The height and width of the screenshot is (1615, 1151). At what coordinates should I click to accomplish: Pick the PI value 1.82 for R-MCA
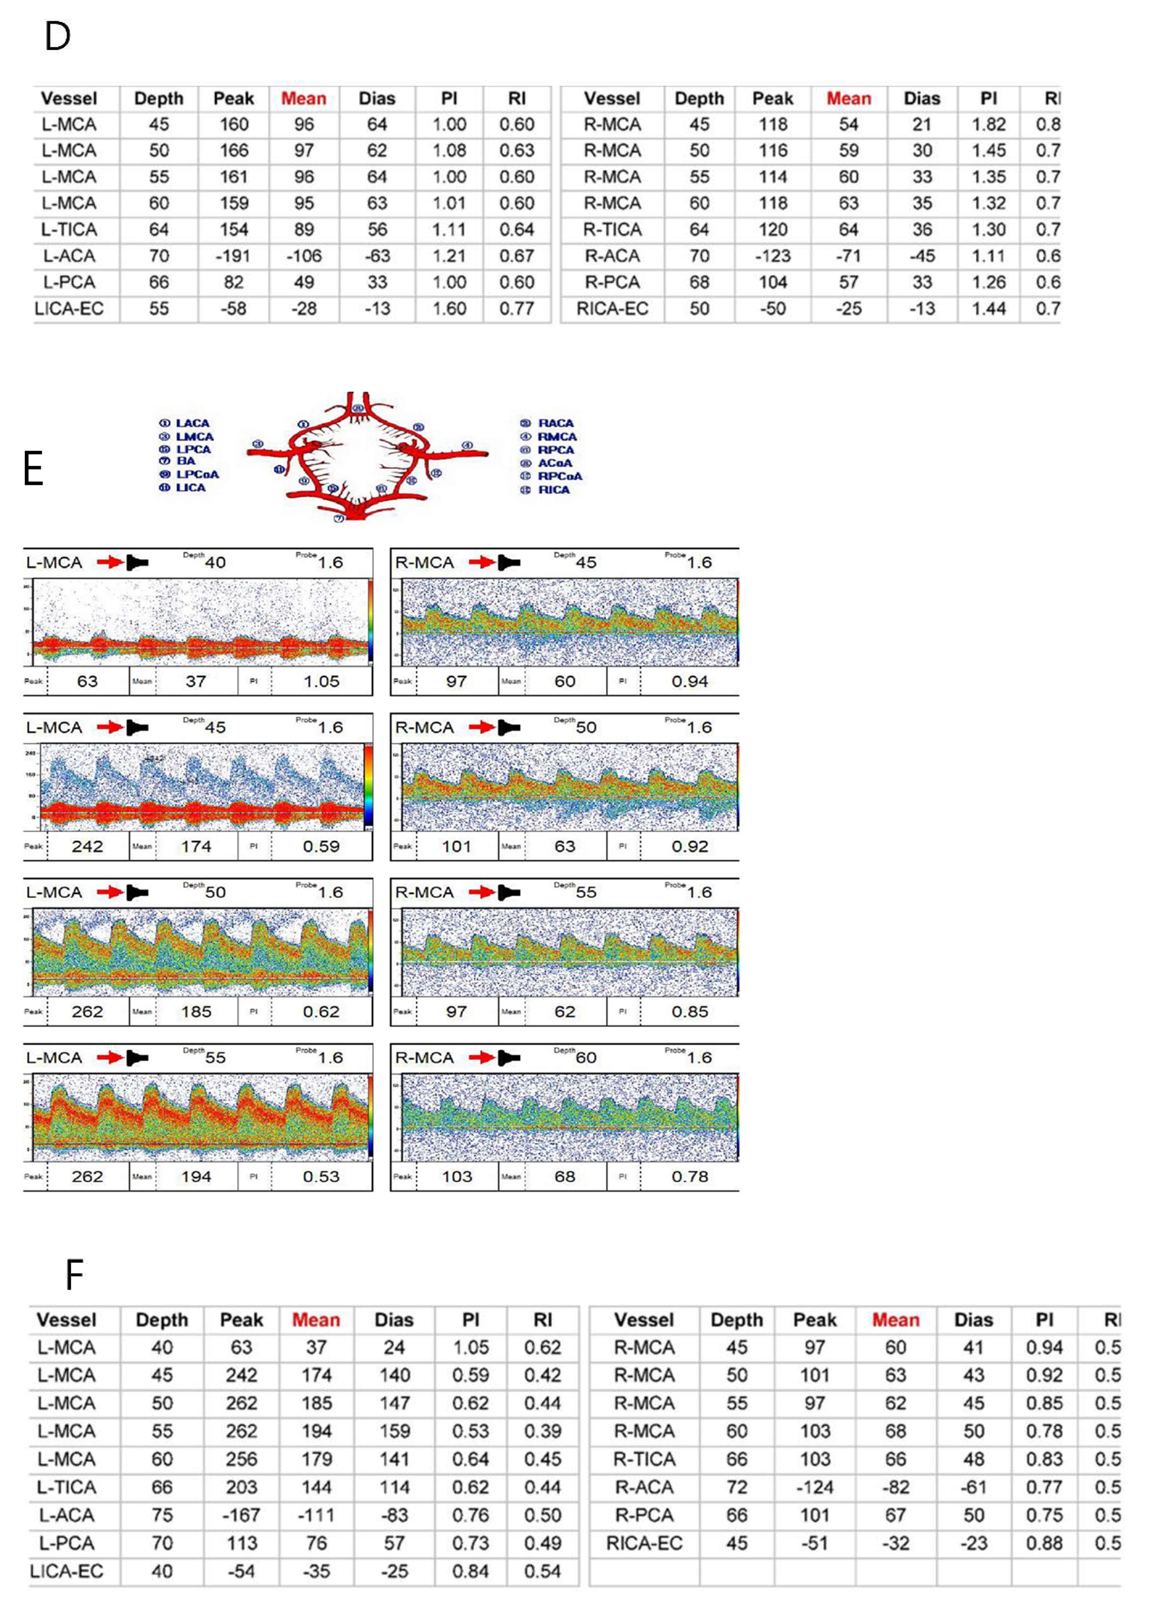pos(988,125)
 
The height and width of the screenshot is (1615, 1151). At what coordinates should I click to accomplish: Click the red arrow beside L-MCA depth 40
pos(110,562)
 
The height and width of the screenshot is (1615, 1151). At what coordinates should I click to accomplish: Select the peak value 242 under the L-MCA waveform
pos(87,846)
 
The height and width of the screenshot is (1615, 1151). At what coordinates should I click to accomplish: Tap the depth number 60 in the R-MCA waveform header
pos(585,1058)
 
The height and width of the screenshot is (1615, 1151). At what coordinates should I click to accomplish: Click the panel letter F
pos(74,1275)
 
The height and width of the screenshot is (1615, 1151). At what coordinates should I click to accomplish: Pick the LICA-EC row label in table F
pos(66,1571)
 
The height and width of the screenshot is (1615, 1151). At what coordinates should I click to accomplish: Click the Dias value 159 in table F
pos(394,1431)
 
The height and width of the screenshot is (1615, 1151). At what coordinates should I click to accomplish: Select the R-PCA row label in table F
pos(644,1515)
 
